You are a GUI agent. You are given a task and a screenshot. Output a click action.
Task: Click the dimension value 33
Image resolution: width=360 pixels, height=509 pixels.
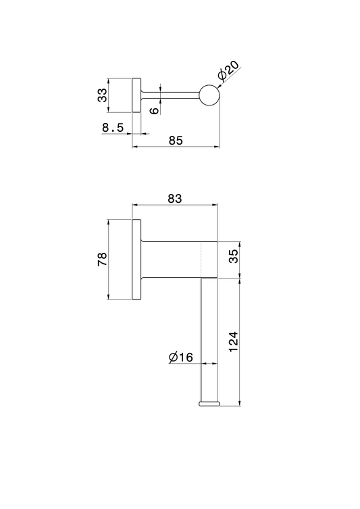click(103, 95)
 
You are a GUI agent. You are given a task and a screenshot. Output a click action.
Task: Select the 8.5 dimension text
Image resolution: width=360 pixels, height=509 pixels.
click(113, 128)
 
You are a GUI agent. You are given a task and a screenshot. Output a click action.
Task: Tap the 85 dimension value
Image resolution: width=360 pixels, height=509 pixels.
click(176, 141)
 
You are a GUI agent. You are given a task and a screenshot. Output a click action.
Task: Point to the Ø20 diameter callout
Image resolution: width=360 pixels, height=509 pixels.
click(229, 70)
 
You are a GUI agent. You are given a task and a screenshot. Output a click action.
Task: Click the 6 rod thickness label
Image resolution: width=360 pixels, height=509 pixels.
click(155, 110)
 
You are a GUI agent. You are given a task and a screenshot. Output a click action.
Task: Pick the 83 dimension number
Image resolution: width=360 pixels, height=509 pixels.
click(175, 198)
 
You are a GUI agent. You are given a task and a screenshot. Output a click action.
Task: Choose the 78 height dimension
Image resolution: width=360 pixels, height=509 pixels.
click(102, 259)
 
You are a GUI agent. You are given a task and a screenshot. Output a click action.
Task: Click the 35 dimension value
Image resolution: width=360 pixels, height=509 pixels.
click(233, 256)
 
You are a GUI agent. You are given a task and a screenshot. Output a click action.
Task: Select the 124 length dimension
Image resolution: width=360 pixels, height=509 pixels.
click(233, 341)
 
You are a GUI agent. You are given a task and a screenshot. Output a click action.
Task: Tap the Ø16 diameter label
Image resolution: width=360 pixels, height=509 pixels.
click(180, 357)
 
